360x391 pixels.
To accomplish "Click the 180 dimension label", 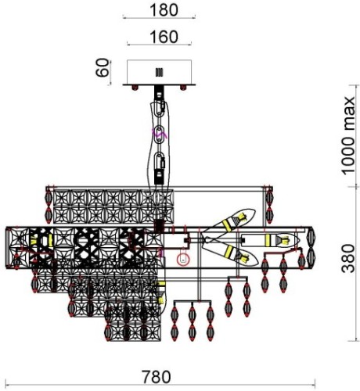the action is pyautogui.click(x=164, y=10).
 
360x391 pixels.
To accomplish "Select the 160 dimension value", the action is pyautogui.click(x=164, y=37).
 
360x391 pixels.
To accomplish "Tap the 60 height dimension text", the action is pyautogui.click(x=102, y=67).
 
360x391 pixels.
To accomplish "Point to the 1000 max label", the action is pyautogui.click(x=348, y=135).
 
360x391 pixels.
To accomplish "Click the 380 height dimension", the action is pyautogui.click(x=348, y=259).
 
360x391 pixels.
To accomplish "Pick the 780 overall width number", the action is pyautogui.click(x=157, y=377).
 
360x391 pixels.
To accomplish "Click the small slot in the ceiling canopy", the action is pyautogui.click(x=159, y=72).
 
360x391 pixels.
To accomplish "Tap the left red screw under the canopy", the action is pyautogui.click(x=135, y=88).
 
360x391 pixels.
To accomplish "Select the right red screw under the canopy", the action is pyautogui.click(x=183, y=88).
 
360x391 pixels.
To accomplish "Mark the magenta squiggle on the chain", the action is pyautogui.click(x=160, y=134).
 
